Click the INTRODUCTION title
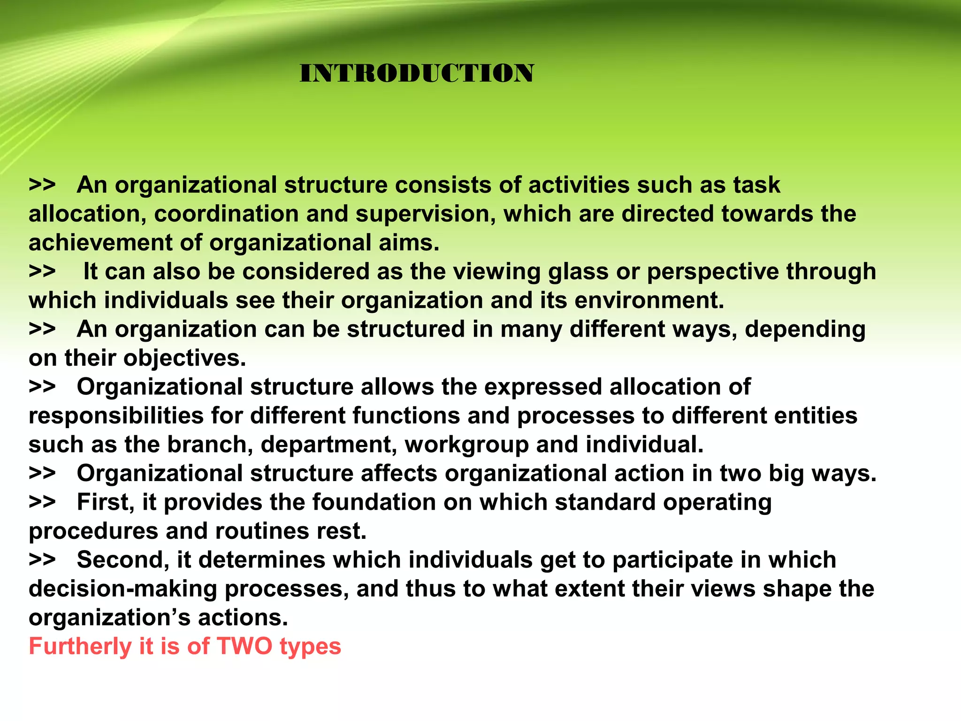[x=417, y=74]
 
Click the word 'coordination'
[x=226, y=214]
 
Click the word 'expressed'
[x=543, y=388]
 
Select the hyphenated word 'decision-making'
[x=123, y=590]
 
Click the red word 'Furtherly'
[x=80, y=647]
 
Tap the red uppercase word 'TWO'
[x=244, y=646]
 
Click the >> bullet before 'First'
[x=42, y=502]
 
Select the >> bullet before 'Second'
[x=42, y=560]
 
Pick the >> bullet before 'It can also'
[x=42, y=272]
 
